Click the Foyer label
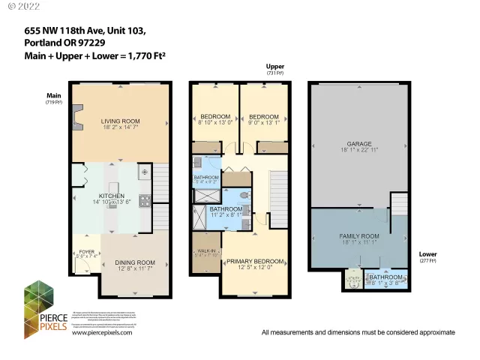pos(88,251)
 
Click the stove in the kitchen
pos(143,200)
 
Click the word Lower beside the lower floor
pos(428,253)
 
